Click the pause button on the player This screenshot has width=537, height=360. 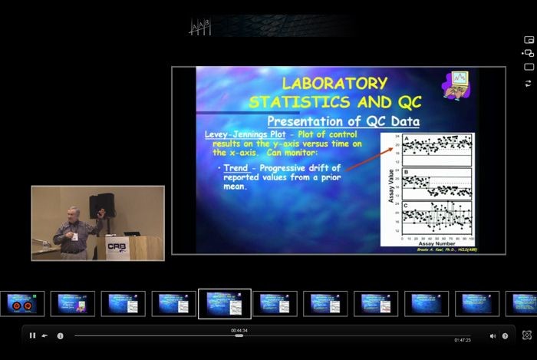[x=32, y=335]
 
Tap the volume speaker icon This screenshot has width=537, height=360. [x=493, y=335]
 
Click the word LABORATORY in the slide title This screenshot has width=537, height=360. [x=334, y=83]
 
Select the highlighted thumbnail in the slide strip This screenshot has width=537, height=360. [x=224, y=303]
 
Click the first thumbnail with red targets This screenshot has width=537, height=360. [x=21, y=303]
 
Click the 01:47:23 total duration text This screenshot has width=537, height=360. [x=463, y=340]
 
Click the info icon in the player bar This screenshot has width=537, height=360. [x=60, y=335]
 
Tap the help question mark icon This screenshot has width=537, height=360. [x=505, y=335]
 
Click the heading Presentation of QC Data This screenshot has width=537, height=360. [x=343, y=121]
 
